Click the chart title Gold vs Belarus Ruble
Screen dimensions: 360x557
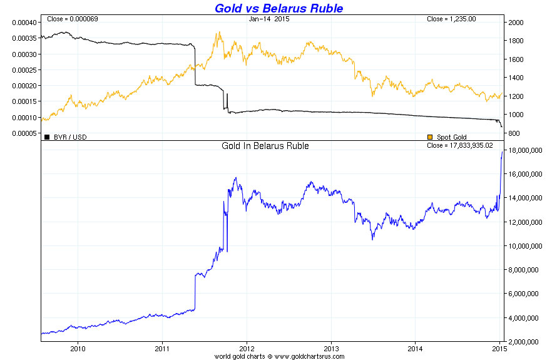tap(278, 8)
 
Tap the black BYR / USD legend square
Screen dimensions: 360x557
tap(46, 136)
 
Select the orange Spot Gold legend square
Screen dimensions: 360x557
tap(429, 136)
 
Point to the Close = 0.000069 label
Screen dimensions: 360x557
tap(69, 19)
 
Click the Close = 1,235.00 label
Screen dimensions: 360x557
tap(451, 19)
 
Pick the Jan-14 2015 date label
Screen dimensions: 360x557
tap(269, 19)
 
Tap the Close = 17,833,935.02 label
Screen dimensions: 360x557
tap(461, 146)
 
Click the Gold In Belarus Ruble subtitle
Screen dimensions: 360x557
tap(265, 146)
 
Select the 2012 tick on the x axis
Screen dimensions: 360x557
tap(247, 347)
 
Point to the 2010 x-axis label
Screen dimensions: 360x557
tap(78, 347)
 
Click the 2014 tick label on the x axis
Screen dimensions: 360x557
tap(416, 347)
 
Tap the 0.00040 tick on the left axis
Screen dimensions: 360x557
tap(24, 22)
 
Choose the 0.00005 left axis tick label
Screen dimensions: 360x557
tap(24, 133)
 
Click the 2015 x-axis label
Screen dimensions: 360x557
tap(499, 347)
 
